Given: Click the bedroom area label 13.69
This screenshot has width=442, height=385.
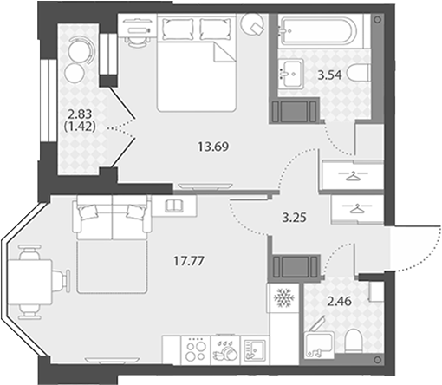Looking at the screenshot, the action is (213, 147).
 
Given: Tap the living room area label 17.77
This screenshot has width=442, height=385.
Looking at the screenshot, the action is (189, 261).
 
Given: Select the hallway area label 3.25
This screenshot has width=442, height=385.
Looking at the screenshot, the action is (294, 218).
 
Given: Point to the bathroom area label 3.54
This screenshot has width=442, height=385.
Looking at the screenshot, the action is (329, 75).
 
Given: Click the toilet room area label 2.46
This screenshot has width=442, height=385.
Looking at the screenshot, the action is (339, 302).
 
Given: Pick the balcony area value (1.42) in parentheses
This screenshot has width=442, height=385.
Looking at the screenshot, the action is (81, 127).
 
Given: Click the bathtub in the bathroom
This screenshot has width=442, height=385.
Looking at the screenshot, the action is (319, 31).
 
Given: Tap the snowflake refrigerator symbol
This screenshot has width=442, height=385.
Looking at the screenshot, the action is (283, 297).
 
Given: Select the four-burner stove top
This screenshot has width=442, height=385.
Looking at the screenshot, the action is (196, 350).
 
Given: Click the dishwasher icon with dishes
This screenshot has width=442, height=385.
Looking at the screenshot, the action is (225, 350).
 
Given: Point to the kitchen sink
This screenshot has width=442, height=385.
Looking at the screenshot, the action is (255, 350).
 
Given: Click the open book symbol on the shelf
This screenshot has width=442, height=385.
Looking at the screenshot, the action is (173, 206).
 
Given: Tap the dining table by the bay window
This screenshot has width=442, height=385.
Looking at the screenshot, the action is (29, 282).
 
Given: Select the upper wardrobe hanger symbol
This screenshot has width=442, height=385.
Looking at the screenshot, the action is (353, 176).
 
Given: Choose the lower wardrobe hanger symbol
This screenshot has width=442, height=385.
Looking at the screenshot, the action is (357, 208).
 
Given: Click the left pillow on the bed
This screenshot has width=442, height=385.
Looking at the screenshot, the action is (179, 29).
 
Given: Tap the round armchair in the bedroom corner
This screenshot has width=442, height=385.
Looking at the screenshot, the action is (253, 24).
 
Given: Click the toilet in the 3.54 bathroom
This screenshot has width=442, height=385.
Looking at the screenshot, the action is (359, 74).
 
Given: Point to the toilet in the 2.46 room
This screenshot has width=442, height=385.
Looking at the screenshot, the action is (354, 341).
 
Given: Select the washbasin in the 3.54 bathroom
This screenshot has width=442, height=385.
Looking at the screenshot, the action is (291, 74).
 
